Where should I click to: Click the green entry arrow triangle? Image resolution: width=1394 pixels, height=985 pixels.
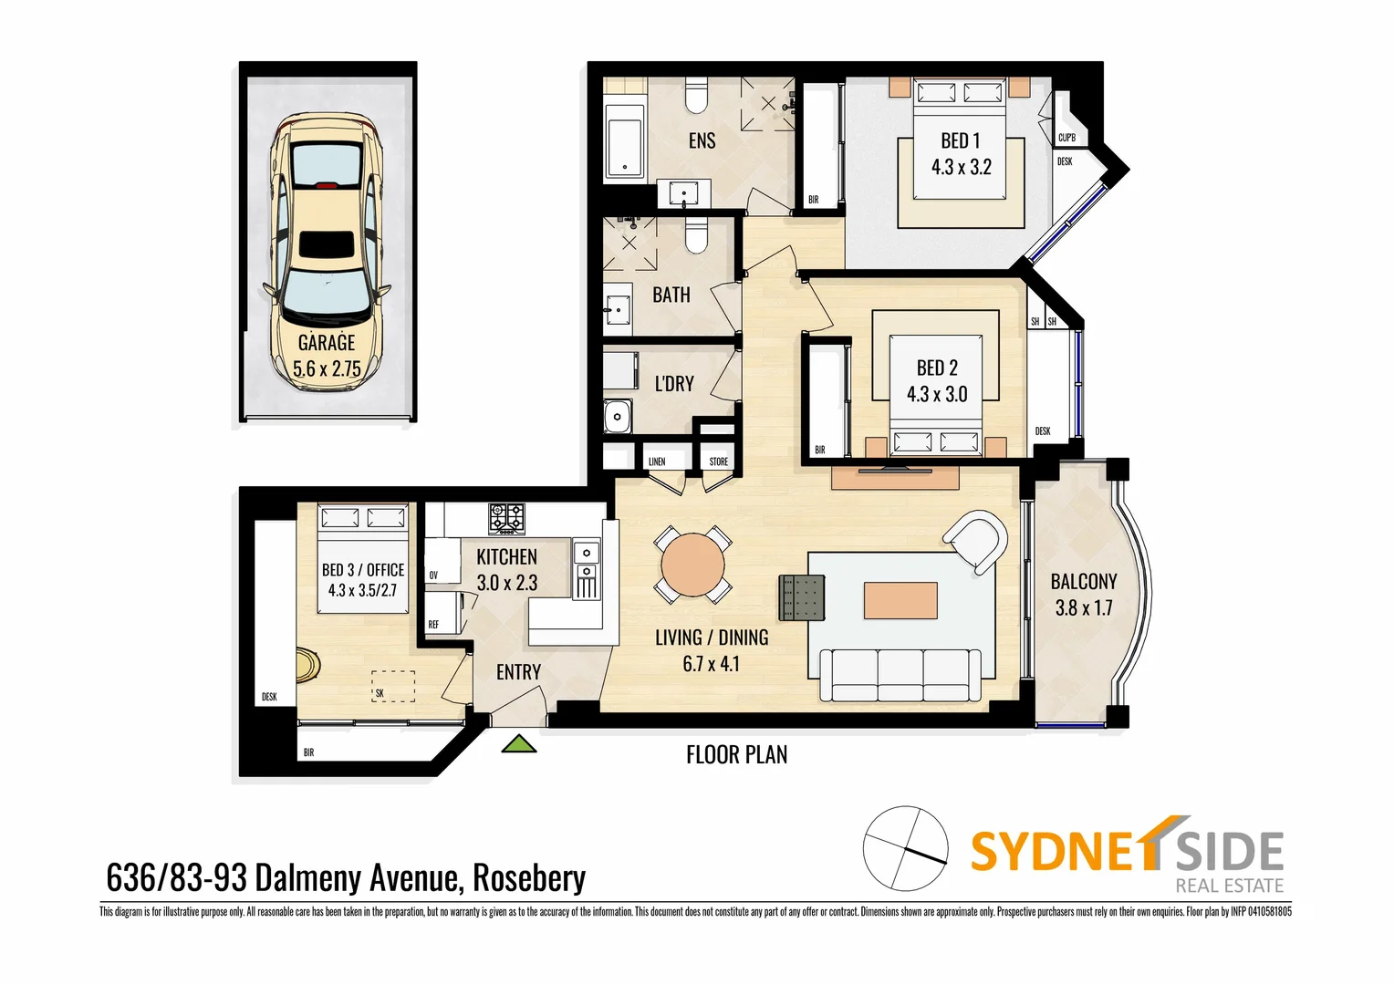pos(519,744)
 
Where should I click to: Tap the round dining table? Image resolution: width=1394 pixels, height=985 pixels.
pos(692,565)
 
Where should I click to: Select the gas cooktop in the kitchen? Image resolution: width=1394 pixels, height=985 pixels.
pos(506,518)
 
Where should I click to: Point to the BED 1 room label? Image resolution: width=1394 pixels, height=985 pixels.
pos(961,140)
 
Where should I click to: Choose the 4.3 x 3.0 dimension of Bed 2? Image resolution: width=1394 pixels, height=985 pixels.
pos(937,394)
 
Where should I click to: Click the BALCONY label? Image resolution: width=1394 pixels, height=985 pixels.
pos(1083,581)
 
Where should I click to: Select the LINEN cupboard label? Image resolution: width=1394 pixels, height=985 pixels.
pos(657,461)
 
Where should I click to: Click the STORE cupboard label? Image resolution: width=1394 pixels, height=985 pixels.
pos(719,461)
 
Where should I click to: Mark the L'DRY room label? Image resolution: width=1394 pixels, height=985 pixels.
pos(674,384)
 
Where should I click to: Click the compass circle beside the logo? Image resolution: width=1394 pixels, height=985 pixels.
pos(906,848)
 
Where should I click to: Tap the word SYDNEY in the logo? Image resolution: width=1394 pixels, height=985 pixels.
pos(1058,850)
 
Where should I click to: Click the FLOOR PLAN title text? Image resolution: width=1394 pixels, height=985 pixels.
pos(736,754)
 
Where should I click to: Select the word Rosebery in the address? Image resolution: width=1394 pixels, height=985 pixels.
pos(529,877)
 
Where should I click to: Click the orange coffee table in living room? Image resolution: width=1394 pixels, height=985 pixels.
pos(900,600)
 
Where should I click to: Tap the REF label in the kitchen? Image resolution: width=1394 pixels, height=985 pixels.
pos(433,625)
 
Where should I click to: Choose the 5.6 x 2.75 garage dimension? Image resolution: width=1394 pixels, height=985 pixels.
pos(327,369)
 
